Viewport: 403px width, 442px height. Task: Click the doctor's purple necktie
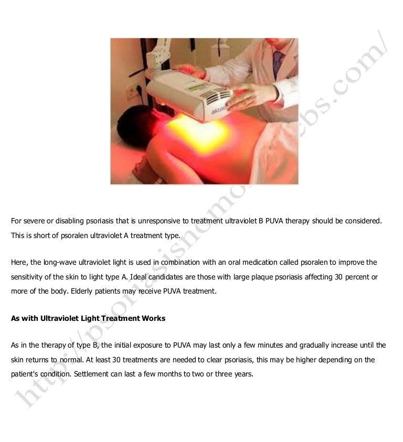(x=277, y=63)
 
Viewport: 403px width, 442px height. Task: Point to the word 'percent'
(x=356, y=277)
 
